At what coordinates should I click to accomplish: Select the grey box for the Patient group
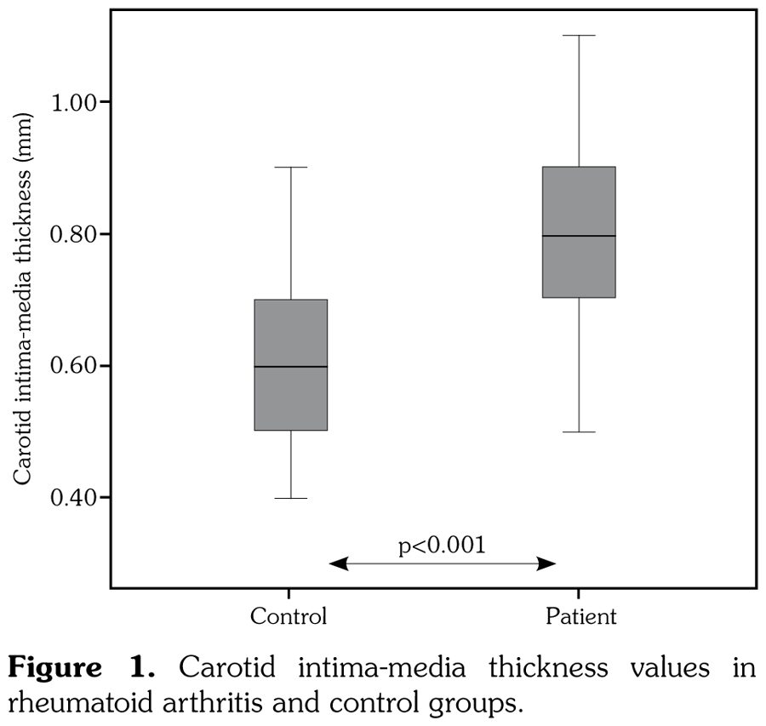point(579,204)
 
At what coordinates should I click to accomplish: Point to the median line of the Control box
point(291,366)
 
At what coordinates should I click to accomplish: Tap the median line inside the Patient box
point(579,236)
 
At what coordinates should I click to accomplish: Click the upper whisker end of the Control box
point(291,168)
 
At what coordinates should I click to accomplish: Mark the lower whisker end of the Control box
point(291,498)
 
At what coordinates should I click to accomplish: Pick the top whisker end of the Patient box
point(579,36)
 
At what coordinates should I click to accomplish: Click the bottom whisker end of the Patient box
point(579,432)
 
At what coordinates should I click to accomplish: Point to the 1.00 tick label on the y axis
point(76,102)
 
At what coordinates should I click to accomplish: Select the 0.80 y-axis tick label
point(76,234)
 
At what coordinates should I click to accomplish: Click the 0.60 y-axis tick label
point(76,366)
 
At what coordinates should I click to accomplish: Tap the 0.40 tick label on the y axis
point(76,498)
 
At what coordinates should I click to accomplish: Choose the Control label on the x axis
point(288,616)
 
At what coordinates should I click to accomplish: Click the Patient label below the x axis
point(580,616)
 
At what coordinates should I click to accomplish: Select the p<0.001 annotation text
point(443,546)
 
